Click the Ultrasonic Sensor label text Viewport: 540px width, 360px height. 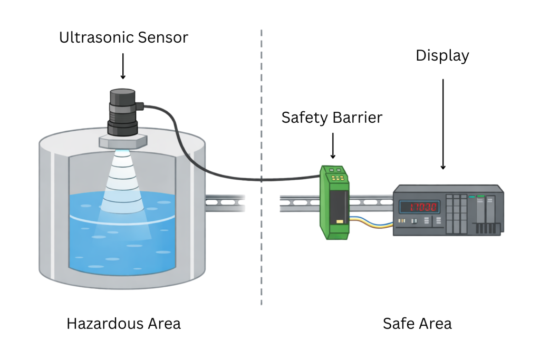tap(123, 37)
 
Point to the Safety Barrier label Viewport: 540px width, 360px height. tap(332, 117)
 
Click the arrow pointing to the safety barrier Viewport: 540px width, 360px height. tap(333, 145)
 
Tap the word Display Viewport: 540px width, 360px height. tap(442, 55)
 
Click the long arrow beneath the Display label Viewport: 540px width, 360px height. tap(442, 124)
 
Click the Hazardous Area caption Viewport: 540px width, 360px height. tap(123, 323)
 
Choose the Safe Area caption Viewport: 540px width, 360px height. tap(417, 323)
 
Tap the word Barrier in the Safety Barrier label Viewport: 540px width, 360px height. tap(357, 117)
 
